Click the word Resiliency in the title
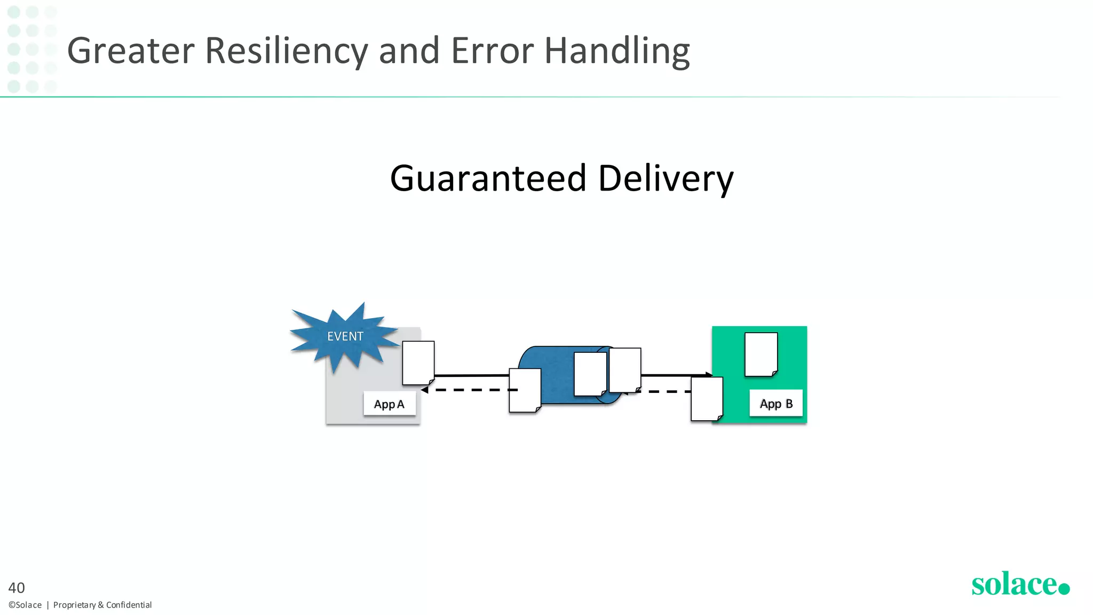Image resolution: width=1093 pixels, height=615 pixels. pyautogui.click(x=287, y=51)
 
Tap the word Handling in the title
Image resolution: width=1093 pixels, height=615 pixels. pyautogui.click(x=616, y=51)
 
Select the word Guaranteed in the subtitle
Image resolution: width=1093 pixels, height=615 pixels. pyautogui.click(x=488, y=178)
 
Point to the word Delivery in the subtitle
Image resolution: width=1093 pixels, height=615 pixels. pyautogui.click(x=666, y=178)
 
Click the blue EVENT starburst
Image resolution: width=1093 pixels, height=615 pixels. pyautogui.click(x=344, y=336)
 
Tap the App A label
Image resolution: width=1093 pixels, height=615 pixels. pyautogui.click(x=389, y=404)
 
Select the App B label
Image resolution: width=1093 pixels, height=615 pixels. pyautogui.click(x=776, y=404)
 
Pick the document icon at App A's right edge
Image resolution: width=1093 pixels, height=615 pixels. pyautogui.click(x=418, y=363)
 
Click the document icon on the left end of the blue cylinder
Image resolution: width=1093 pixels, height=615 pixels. pyautogui.click(x=525, y=390)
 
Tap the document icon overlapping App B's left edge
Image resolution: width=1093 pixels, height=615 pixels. pyautogui.click(x=707, y=399)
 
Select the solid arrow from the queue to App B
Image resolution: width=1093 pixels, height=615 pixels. pyautogui.click(x=675, y=375)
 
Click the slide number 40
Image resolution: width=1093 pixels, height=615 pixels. pyautogui.click(x=17, y=588)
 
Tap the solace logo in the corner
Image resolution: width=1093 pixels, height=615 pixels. pyautogui.click(x=1020, y=584)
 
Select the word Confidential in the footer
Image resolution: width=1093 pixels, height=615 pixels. pyautogui.click(x=129, y=605)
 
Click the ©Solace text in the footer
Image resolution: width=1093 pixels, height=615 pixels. pyautogui.click(x=25, y=605)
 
